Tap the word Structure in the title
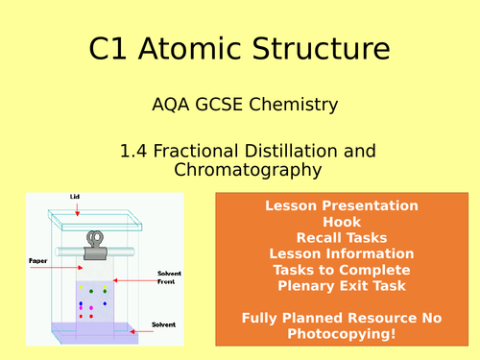(323, 48)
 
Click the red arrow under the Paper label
(56, 270)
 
